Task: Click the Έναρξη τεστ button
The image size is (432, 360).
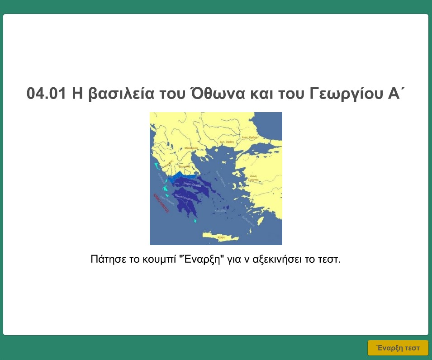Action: [398, 348]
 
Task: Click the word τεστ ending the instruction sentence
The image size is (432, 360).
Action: [330, 260]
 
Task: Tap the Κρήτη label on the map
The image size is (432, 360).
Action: [221, 237]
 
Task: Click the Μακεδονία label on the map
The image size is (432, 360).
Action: [191, 148]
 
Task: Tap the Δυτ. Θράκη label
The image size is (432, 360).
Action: [226, 142]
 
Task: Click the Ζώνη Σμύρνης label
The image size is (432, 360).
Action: [253, 178]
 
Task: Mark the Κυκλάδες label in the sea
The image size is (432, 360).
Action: [221, 211]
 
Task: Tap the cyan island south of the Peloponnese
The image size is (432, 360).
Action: [195, 221]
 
